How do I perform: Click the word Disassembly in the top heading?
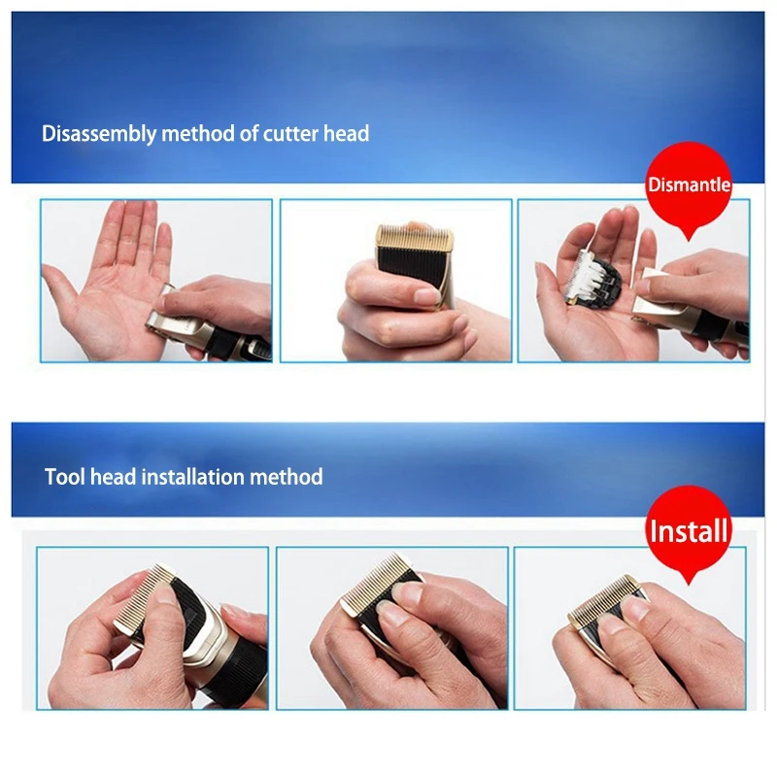point(99,134)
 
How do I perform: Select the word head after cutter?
point(346,133)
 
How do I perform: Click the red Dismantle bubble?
point(689,186)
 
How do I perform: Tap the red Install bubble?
point(689,530)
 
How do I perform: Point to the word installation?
point(193,477)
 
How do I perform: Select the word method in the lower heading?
point(286,477)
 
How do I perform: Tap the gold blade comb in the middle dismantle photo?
point(415,239)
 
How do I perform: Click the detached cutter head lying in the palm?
point(593,278)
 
